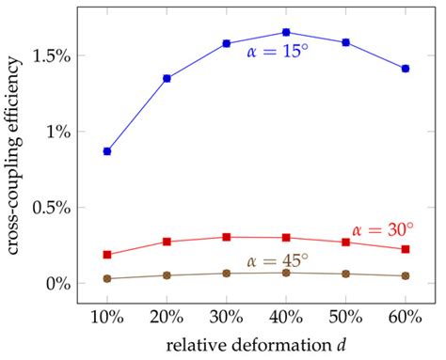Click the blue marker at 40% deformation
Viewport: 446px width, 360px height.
tap(286, 32)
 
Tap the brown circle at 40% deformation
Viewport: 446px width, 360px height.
tap(286, 273)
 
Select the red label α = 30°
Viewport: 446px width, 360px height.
tap(386, 228)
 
